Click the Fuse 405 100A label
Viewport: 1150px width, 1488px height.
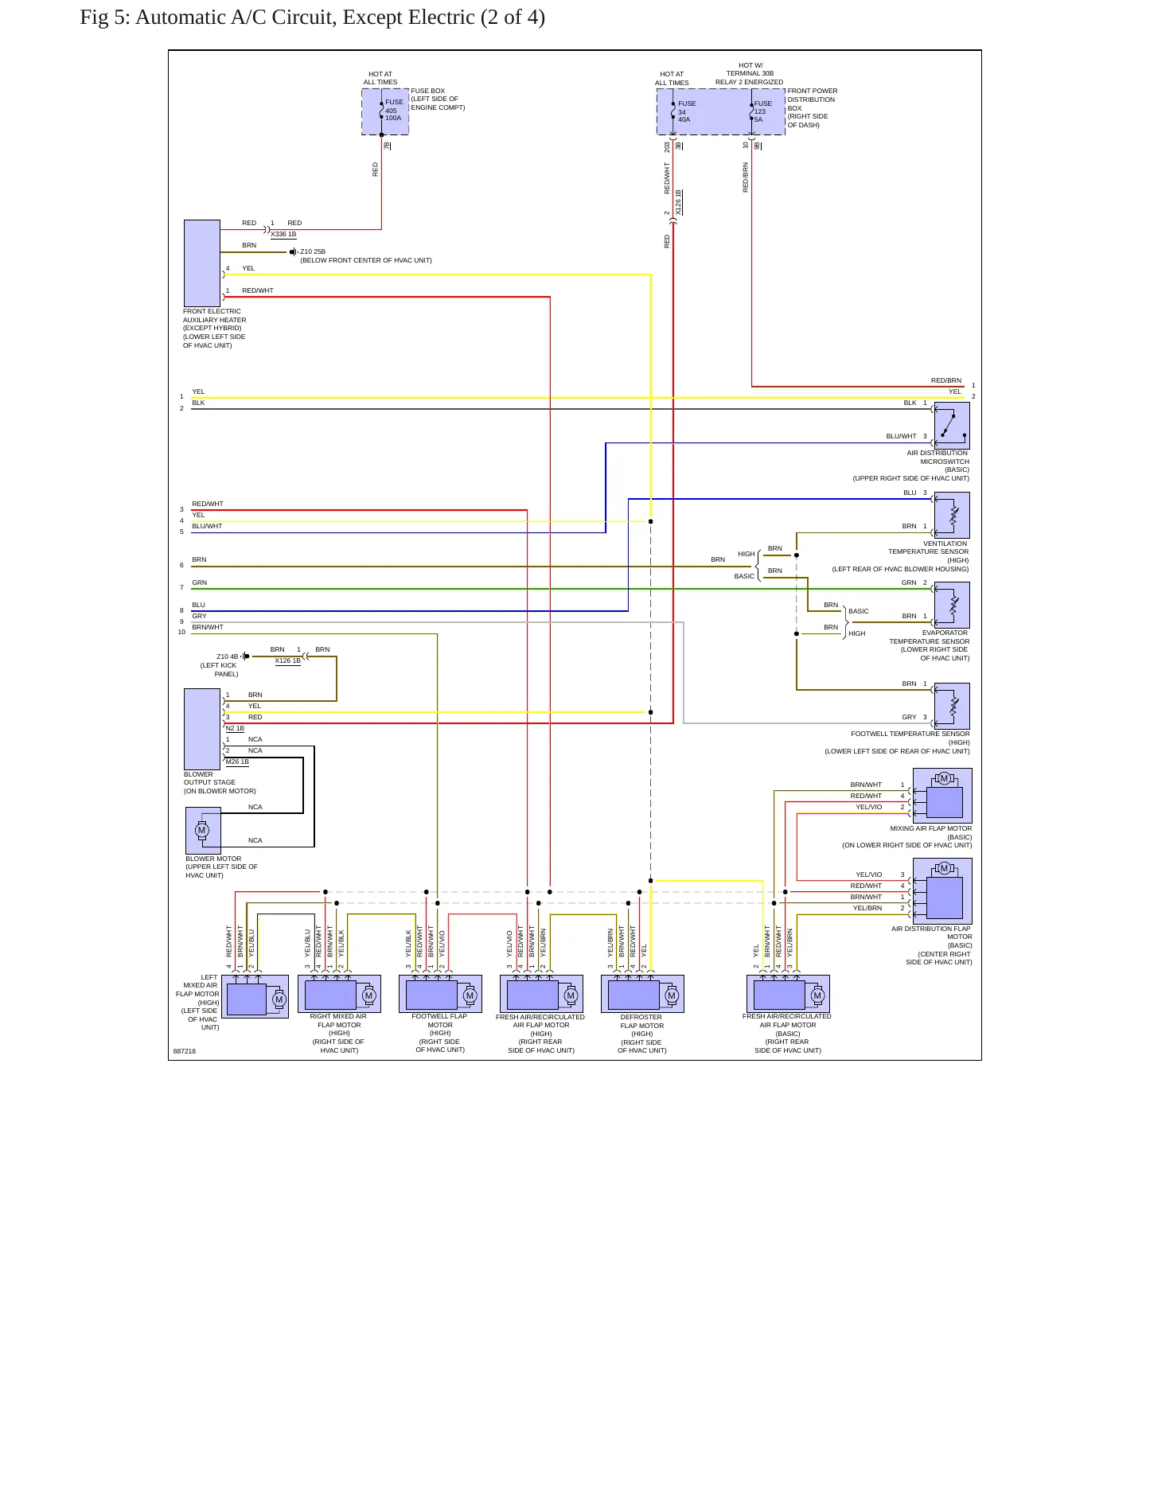click(394, 110)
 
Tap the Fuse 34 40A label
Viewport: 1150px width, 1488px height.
click(687, 111)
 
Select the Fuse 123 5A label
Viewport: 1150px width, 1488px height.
click(763, 111)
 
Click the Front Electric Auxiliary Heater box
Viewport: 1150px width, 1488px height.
click(202, 263)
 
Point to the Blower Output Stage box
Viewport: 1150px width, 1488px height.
click(202, 729)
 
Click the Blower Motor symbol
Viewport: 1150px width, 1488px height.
click(203, 831)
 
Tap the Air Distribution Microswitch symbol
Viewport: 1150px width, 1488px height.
click(952, 426)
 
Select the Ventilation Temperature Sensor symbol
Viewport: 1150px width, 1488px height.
click(952, 516)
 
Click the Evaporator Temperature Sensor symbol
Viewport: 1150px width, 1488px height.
click(952, 606)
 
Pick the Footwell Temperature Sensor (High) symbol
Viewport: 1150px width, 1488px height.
click(952, 706)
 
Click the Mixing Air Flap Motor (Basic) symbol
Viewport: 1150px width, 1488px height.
click(943, 796)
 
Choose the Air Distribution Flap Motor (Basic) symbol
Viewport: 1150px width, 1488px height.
click(943, 891)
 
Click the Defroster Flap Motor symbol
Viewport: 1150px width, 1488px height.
click(643, 995)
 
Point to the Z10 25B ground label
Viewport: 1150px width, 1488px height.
click(313, 252)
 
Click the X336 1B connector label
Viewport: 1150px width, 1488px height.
click(283, 235)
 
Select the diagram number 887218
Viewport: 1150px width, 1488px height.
click(185, 1051)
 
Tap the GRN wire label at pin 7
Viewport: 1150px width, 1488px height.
click(199, 583)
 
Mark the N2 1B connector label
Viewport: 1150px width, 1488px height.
click(235, 729)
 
